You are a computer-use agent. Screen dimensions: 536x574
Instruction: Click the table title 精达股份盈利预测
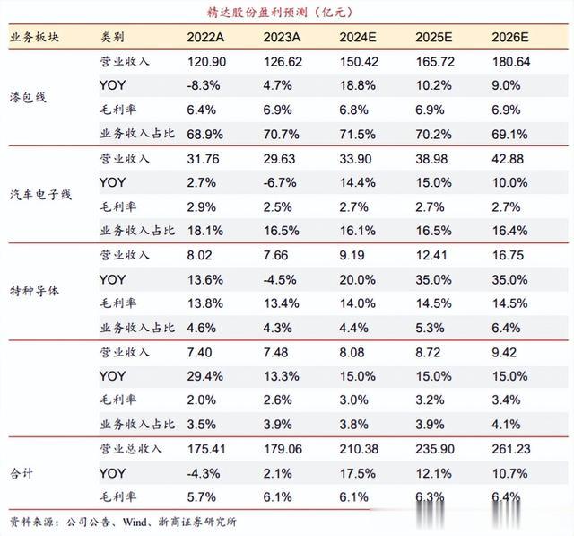point(270,12)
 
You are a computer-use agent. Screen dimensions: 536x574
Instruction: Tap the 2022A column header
point(206,38)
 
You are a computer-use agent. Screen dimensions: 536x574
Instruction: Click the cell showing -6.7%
point(280,182)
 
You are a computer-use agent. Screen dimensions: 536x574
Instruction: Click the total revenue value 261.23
point(510,447)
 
